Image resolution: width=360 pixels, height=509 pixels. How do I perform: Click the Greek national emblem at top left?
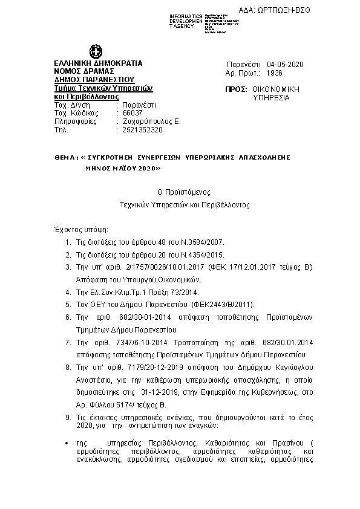[x=95, y=51]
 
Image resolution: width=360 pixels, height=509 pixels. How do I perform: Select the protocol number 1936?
[x=274, y=73]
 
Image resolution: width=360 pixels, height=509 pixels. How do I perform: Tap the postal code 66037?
[x=133, y=113]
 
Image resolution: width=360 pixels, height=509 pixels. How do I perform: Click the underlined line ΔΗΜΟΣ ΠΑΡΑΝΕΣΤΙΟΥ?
[x=94, y=79]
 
